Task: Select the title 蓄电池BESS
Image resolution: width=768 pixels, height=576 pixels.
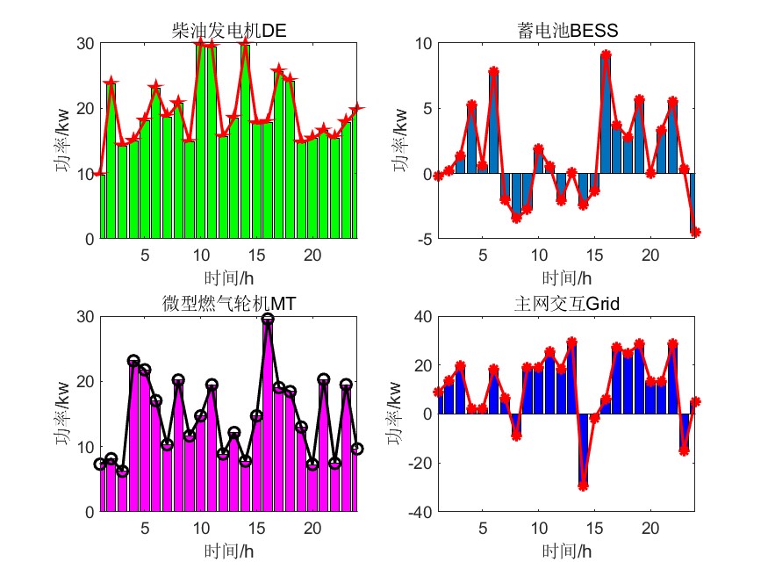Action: [x=568, y=32]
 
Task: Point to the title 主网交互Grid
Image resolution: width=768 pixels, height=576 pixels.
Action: [x=568, y=304]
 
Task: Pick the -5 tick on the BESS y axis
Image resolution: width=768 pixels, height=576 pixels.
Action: [x=425, y=239]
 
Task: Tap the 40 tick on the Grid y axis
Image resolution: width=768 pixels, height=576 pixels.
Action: [x=423, y=317]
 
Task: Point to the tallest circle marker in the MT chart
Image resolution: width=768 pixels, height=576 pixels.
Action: [x=268, y=320]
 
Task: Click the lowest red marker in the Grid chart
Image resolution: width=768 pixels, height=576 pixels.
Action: [x=583, y=486]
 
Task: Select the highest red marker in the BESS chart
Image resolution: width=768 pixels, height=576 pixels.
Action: [x=606, y=54]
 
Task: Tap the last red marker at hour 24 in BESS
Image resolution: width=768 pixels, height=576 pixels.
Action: [x=695, y=233]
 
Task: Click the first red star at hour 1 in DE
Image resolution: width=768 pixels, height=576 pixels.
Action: [x=99, y=174]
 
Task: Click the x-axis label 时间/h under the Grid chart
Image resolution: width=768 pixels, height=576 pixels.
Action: [x=568, y=551]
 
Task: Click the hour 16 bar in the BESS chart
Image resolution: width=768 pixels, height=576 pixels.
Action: [x=606, y=114]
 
